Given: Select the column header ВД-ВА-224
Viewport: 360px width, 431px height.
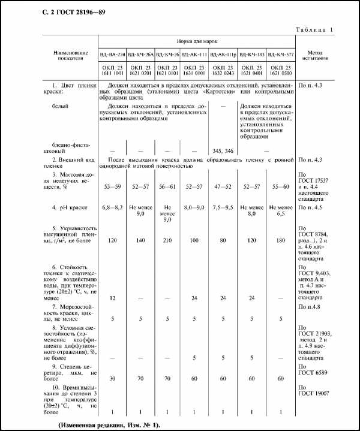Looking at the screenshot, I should pyautogui.click(x=113, y=55).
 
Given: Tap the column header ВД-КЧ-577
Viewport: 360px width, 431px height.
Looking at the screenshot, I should pyautogui.click(x=281, y=55).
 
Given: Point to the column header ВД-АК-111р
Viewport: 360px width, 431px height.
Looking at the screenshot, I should pyautogui.click(x=224, y=55).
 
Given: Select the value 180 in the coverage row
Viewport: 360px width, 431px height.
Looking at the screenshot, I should pyautogui.click(x=281, y=239).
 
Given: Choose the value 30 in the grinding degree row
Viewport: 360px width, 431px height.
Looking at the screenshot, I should pyautogui.click(x=113, y=379).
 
